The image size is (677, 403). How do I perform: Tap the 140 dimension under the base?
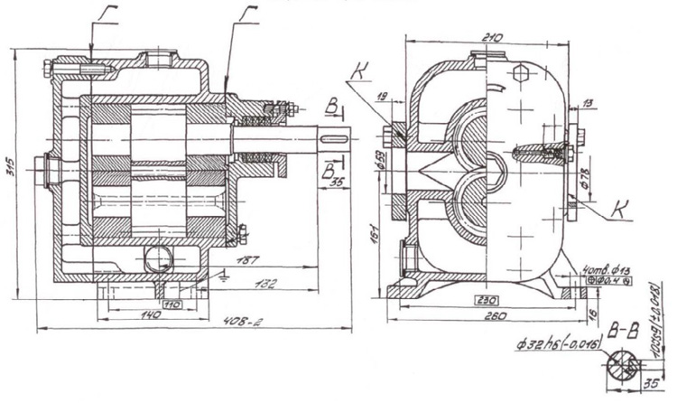(151, 316)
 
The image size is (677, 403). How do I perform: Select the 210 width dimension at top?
(491, 37)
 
